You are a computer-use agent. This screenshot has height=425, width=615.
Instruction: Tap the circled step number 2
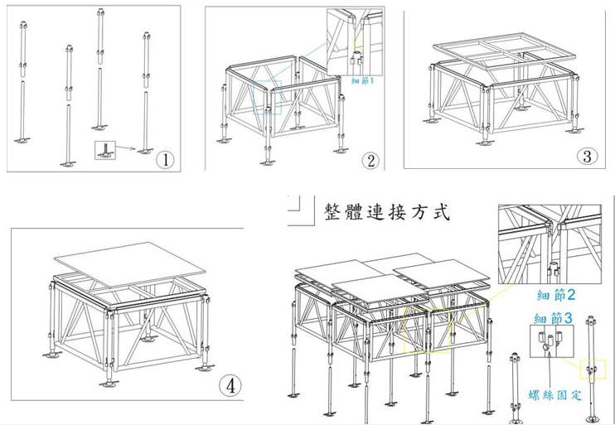370,161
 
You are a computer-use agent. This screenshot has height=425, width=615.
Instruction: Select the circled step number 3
586,156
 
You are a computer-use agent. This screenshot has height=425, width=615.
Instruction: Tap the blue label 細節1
363,81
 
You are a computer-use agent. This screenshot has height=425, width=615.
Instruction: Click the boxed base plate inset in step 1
105,150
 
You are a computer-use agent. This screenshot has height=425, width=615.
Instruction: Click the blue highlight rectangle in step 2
275,98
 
